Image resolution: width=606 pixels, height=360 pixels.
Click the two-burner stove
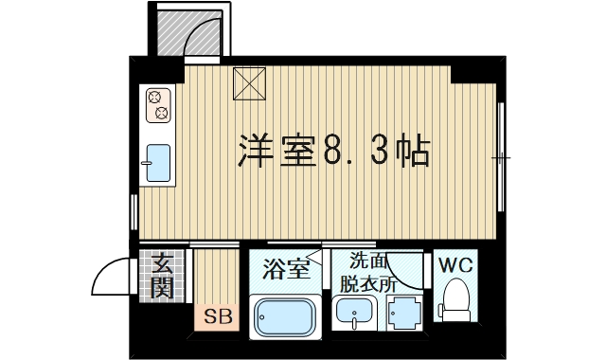158,106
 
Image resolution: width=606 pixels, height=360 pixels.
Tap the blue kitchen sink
158,165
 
